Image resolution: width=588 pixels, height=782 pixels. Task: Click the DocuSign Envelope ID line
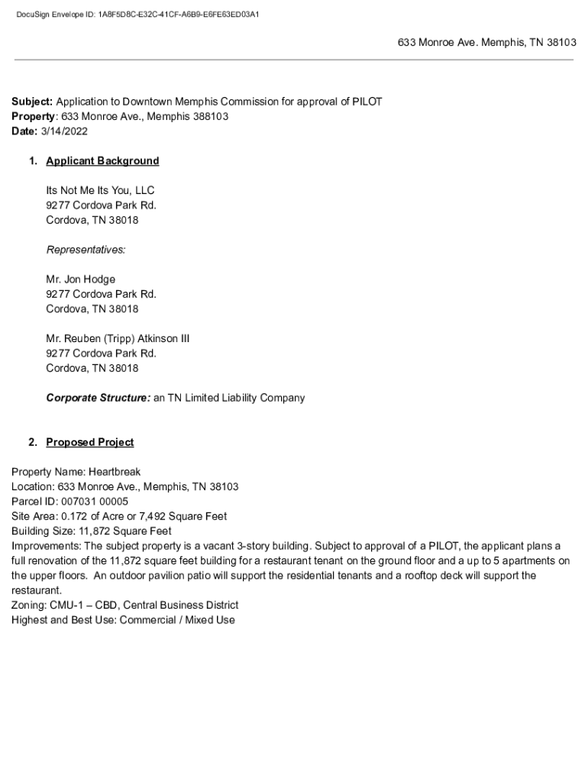137,14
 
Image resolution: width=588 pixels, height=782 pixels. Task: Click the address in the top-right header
486,43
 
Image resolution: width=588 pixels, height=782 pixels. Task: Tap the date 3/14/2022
64,131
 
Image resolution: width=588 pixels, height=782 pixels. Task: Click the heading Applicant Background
102,161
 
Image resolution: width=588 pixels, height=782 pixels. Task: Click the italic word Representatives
86,250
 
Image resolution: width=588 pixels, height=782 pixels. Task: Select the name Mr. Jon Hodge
81,280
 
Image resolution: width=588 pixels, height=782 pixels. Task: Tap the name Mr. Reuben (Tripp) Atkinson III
118,338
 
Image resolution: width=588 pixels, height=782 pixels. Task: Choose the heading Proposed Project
89,442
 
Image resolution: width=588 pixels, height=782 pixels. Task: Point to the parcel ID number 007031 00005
95,502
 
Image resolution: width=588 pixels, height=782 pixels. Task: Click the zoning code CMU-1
65,605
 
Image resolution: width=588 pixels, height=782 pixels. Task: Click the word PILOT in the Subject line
367,102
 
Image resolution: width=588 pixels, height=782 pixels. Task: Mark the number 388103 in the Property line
212,117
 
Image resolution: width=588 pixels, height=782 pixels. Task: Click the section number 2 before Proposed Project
32,442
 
